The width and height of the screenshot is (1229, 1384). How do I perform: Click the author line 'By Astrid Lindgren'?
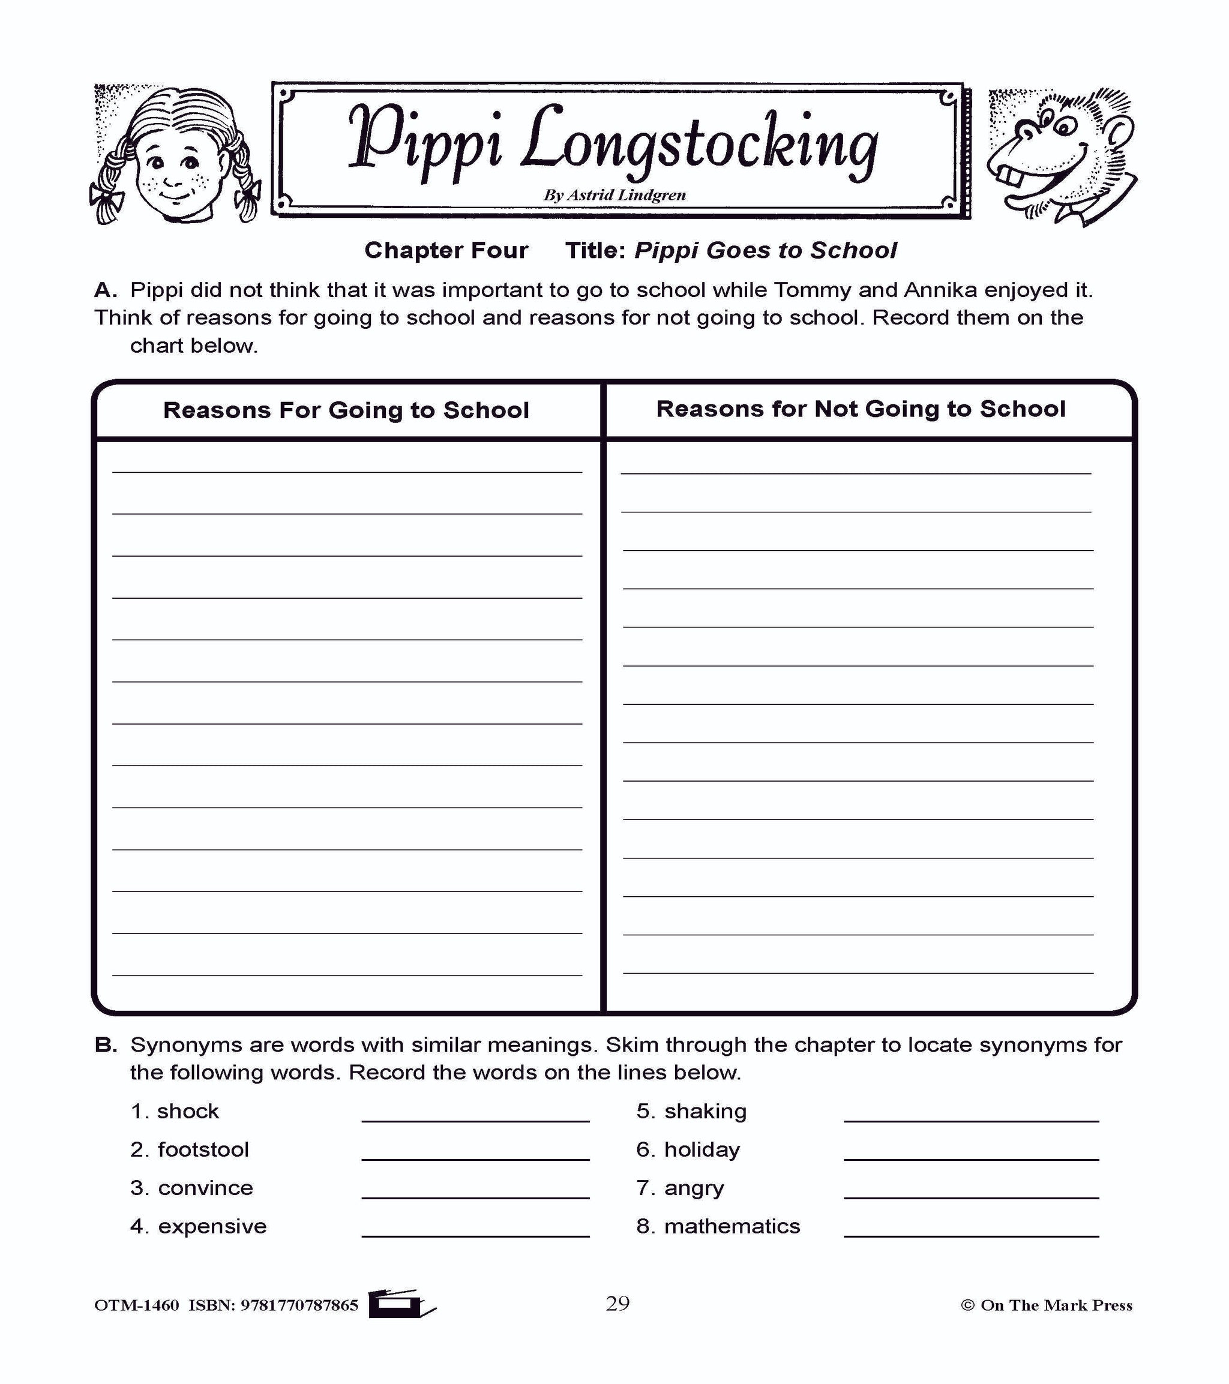[x=614, y=196]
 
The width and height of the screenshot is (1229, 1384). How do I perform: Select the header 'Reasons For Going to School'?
[x=346, y=410]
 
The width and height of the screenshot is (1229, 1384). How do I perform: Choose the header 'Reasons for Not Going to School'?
[x=861, y=409]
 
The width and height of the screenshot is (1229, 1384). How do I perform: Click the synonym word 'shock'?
[x=188, y=1111]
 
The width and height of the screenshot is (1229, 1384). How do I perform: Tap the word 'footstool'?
[x=203, y=1149]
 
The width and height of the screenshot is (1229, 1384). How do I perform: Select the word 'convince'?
[x=205, y=1188]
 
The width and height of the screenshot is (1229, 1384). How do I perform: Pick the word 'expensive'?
[x=212, y=1226]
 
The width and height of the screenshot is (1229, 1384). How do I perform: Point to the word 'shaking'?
[x=705, y=1111]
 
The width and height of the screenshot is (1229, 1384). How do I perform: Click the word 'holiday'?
[x=702, y=1149]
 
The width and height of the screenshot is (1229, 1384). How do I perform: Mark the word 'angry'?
[x=694, y=1188]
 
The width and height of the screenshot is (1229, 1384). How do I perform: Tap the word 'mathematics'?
[x=732, y=1226]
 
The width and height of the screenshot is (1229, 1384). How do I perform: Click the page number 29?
[x=618, y=1304]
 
